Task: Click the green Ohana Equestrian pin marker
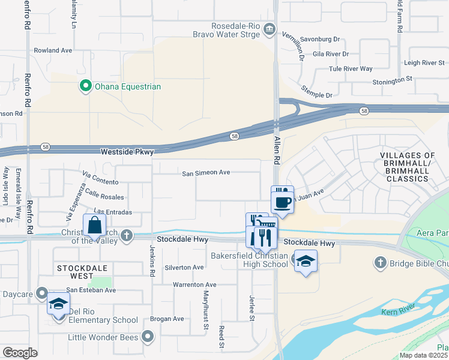[85, 86]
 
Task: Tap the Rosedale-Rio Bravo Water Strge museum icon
[270, 29]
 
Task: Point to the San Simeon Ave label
[206, 173]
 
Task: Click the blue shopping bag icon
[95, 226]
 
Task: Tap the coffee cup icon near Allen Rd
[282, 201]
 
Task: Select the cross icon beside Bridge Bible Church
[379, 262]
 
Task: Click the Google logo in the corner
[20, 352]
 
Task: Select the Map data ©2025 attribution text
[423, 355]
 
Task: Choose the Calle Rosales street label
[104, 194]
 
